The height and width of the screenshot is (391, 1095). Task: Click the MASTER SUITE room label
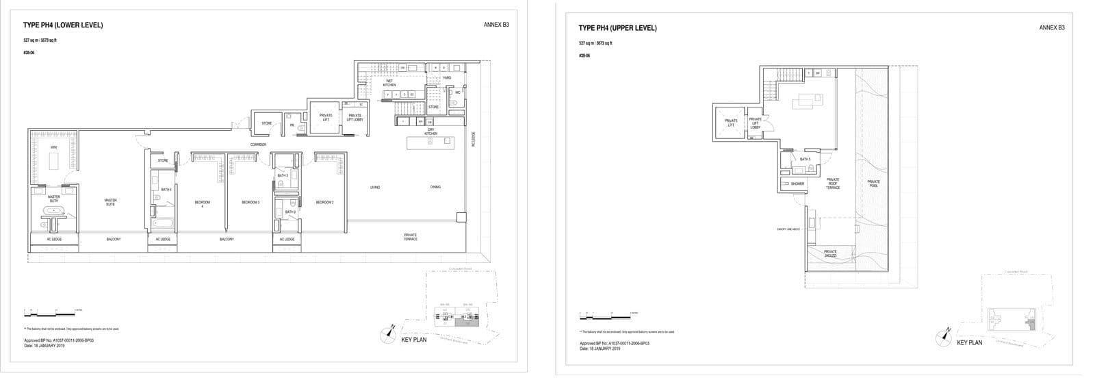[x=110, y=202]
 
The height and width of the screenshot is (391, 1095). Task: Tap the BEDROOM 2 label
[x=324, y=202]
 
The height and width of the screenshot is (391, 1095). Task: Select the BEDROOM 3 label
[x=250, y=202]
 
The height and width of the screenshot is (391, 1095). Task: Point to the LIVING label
[x=375, y=187]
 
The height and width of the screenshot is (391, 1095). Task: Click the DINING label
[x=435, y=187]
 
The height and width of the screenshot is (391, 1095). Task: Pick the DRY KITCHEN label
[x=431, y=131]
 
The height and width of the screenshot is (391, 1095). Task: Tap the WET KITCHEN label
[x=389, y=83]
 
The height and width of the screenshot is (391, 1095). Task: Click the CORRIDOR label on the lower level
[x=258, y=144]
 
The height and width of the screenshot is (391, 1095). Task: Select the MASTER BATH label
[x=53, y=199]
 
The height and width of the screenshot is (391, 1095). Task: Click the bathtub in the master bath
[x=53, y=211]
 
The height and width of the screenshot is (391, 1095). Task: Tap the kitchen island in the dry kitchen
[x=430, y=142]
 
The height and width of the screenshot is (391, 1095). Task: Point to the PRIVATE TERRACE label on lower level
[x=410, y=237]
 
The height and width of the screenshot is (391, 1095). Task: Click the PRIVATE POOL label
[x=873, y=184]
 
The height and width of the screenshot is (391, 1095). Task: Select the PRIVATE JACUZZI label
[x=830, y=253]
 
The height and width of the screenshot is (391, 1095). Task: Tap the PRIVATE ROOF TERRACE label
[x=833, y=184]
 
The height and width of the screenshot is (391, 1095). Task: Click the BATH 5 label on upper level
[x=805, y=160]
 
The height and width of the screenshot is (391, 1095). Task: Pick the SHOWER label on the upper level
[x=797, y=184]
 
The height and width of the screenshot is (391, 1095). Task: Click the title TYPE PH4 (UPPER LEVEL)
[x=617, y=28]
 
